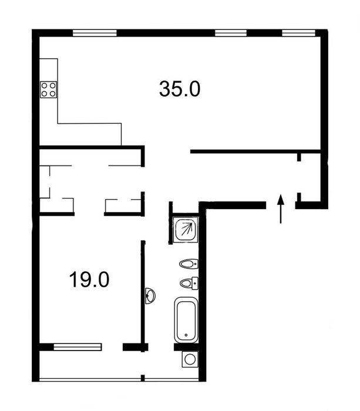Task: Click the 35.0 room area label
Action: click(180, 89)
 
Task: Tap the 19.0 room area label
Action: click(89, 279)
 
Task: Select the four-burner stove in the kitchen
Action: click(49, 90)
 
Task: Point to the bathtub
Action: click(186, 320)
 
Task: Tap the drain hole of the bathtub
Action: click(186, 335)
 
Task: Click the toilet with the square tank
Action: click(189, 283)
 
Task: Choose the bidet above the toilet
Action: click(189, 264)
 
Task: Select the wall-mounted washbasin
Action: click(150, 296)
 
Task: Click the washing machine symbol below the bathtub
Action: click(190, 359)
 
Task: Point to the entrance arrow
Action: click(281, 209)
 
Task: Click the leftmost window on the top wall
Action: click(95, 33)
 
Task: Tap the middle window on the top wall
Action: click(231, 33)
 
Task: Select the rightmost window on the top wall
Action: click(299, 33)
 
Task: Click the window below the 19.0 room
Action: click(78, 347)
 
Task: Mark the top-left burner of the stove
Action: click(45, 86)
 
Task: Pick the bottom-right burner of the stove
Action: click(52, 93)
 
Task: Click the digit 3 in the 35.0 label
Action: click(164, 89)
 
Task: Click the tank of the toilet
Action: click(195, 283)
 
